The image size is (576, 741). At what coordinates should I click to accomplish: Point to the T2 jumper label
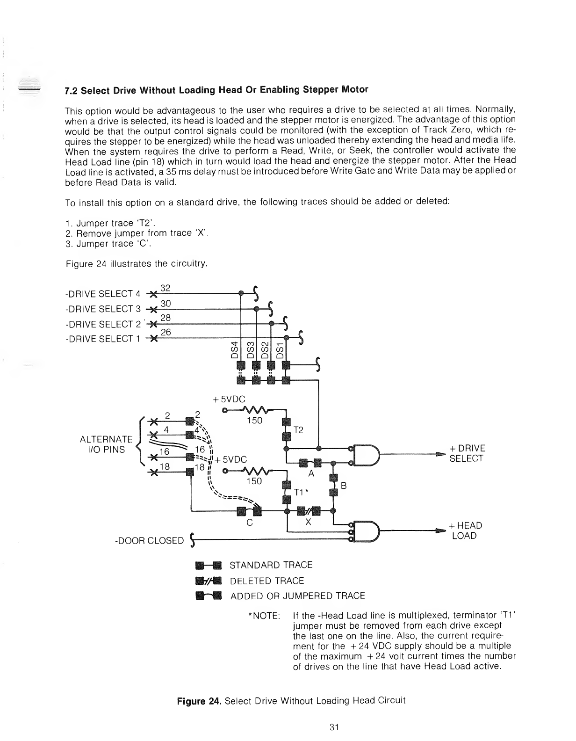[299, 430]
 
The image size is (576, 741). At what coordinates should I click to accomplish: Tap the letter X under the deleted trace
[308, 523]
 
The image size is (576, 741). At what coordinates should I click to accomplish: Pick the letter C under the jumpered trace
[250, 523]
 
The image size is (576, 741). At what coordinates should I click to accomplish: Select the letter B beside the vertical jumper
[343, 486]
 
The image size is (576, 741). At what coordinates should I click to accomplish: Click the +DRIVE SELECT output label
[467, 453]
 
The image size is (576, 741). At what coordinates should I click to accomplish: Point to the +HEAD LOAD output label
[465, 530]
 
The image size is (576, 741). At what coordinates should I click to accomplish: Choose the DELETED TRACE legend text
[266, 581]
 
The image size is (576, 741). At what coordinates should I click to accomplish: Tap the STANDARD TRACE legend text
[271, 565]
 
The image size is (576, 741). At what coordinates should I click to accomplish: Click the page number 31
[334, 727]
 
